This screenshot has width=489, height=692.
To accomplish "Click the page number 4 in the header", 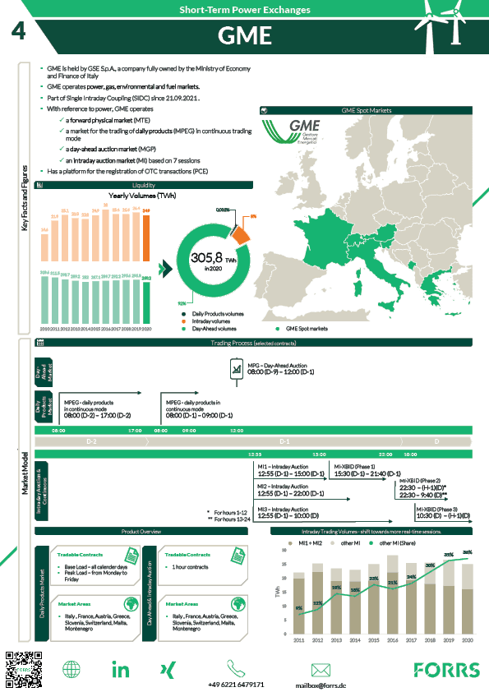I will pyautogui.click(x=18, y=32).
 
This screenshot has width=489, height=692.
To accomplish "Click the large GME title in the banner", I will pyautogui.click(x=244, y=36).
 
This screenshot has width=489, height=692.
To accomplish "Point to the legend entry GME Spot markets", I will pyautogui.click(x=303, y=328).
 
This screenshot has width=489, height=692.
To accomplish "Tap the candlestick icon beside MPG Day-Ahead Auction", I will pyautogui.click(x=238, y=371).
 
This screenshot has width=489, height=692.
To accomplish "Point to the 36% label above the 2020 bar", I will pyautogui.click(x=467, y=552).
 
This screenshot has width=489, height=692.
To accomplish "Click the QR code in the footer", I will pyautogui.click(x=21, y=668).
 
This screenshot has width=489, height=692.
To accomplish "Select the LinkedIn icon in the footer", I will pyautogui.click(x=121, y=669).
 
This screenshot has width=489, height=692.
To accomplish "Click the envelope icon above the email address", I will pyautogui.click(x=321, y=669).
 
